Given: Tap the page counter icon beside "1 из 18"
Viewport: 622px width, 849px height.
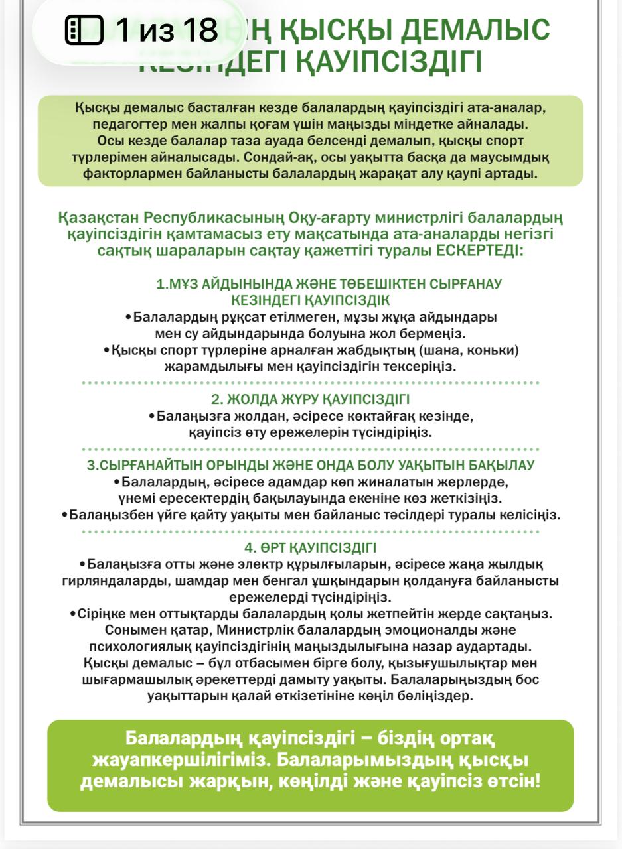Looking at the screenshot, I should (x=84, y=30).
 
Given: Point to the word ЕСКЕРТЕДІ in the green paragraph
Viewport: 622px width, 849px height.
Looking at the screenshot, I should (x=478, y=252).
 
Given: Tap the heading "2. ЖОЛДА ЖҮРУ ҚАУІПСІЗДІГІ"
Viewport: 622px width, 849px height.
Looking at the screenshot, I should (x=311, y=399).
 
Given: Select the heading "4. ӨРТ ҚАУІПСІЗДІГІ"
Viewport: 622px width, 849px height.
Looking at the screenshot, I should (x=311, y=548).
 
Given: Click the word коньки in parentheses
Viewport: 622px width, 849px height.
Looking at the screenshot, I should (x=493, y=350).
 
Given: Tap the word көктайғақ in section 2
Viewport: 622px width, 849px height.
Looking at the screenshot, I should (x=398, y=417).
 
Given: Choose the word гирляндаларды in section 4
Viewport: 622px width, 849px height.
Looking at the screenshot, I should (x=104, y=581).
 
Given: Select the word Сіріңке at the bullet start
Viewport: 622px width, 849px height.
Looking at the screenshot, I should (x=103, y=613).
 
